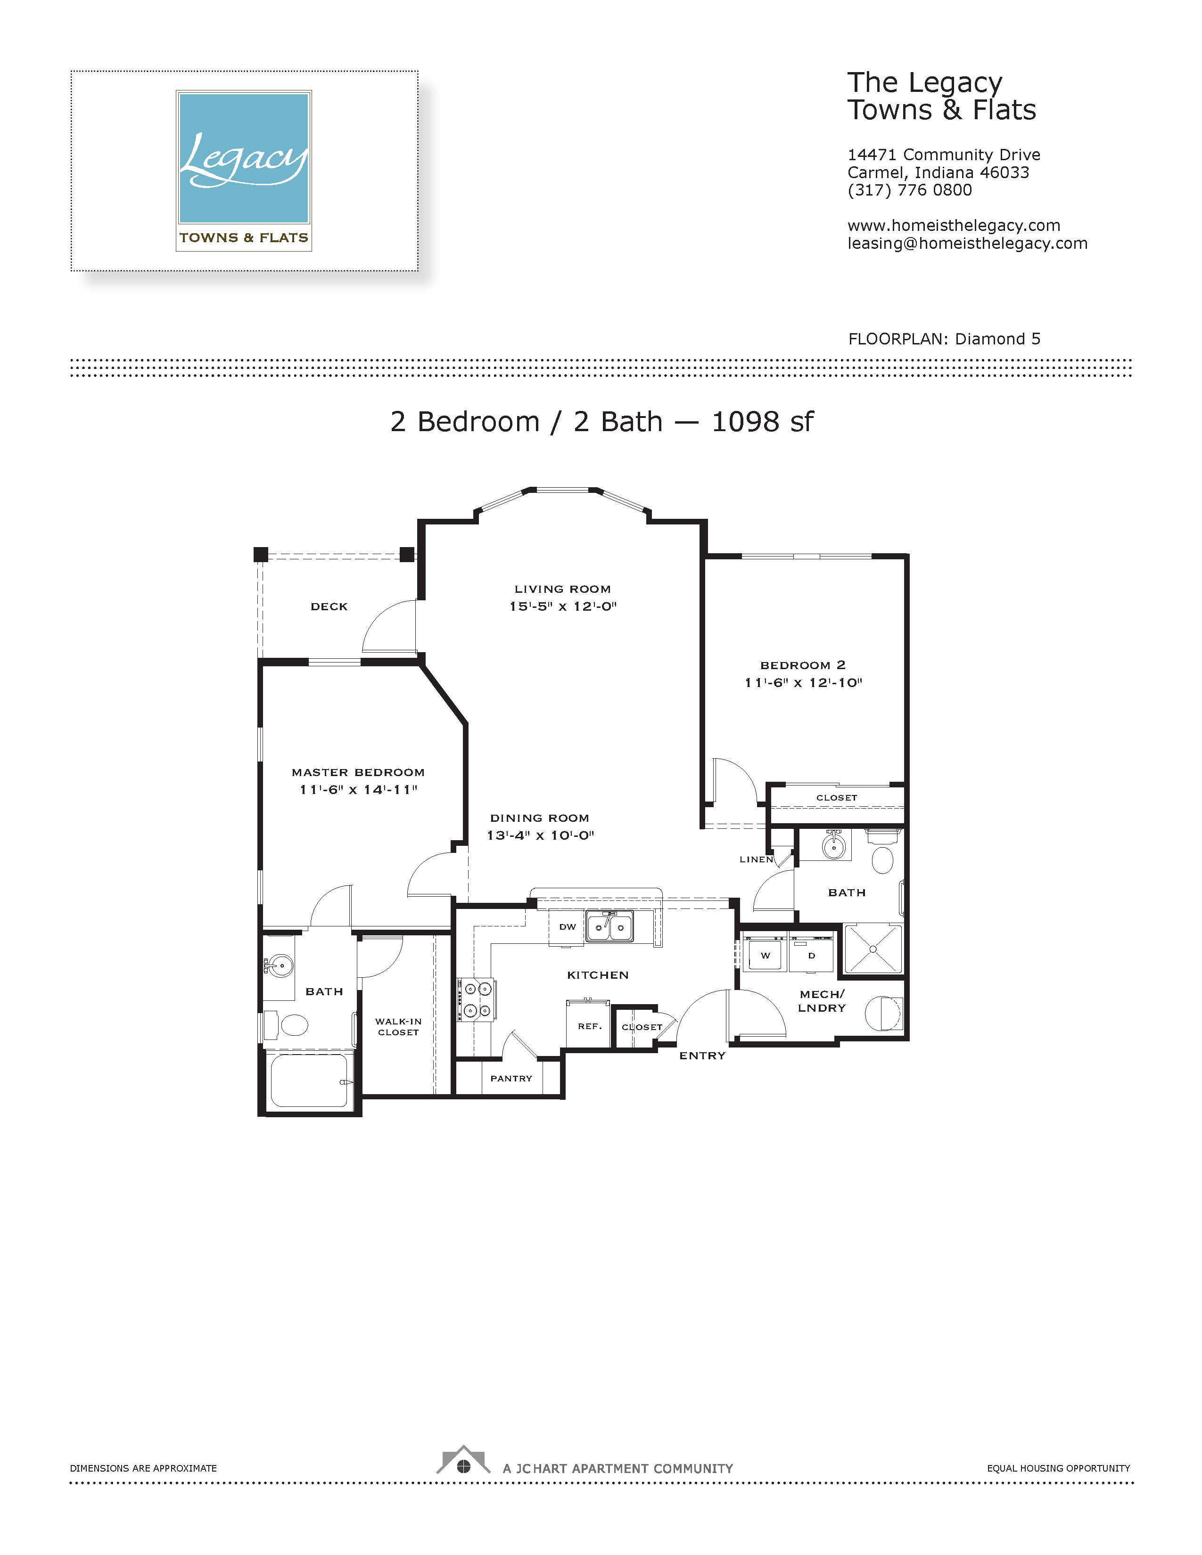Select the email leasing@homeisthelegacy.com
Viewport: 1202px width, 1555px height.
(x=967, y=244)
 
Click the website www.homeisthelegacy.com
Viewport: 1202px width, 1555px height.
(x=954, y=226)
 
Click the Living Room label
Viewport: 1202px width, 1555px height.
(x=562, y=589)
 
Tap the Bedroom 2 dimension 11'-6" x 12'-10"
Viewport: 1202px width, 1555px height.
(x=803, y=682)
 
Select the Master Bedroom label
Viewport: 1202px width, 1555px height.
(x=358, y=772)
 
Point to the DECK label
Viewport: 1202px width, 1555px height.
(x=329, y=606)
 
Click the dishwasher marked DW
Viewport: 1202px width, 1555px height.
(x=567, y=928)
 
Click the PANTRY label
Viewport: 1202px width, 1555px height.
(x=511, y=1079)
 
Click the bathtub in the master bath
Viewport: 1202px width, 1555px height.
(x=309, y=1080)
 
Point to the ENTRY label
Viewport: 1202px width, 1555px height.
(x=702, y=1056)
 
